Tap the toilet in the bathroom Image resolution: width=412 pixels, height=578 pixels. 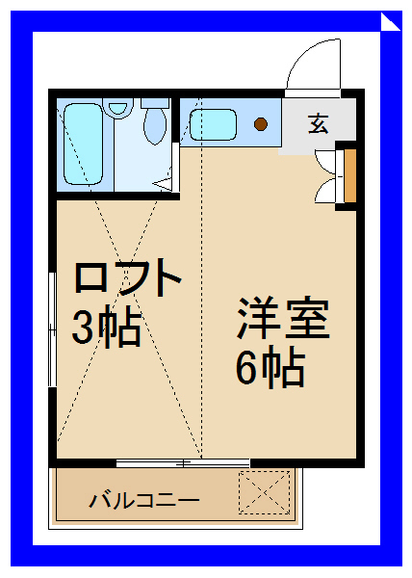154,123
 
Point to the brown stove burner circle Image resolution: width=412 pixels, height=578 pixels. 261,123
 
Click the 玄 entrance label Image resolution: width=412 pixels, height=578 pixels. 317,123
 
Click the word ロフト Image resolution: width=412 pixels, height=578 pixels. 129,278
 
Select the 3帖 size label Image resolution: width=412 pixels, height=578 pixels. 107,328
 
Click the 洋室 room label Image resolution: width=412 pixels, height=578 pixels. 283,318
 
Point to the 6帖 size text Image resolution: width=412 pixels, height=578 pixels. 270,367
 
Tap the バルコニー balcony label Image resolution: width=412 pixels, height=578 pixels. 144,500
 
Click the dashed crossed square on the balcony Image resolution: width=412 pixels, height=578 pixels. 264,493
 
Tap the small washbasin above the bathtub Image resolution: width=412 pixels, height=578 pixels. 116,108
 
